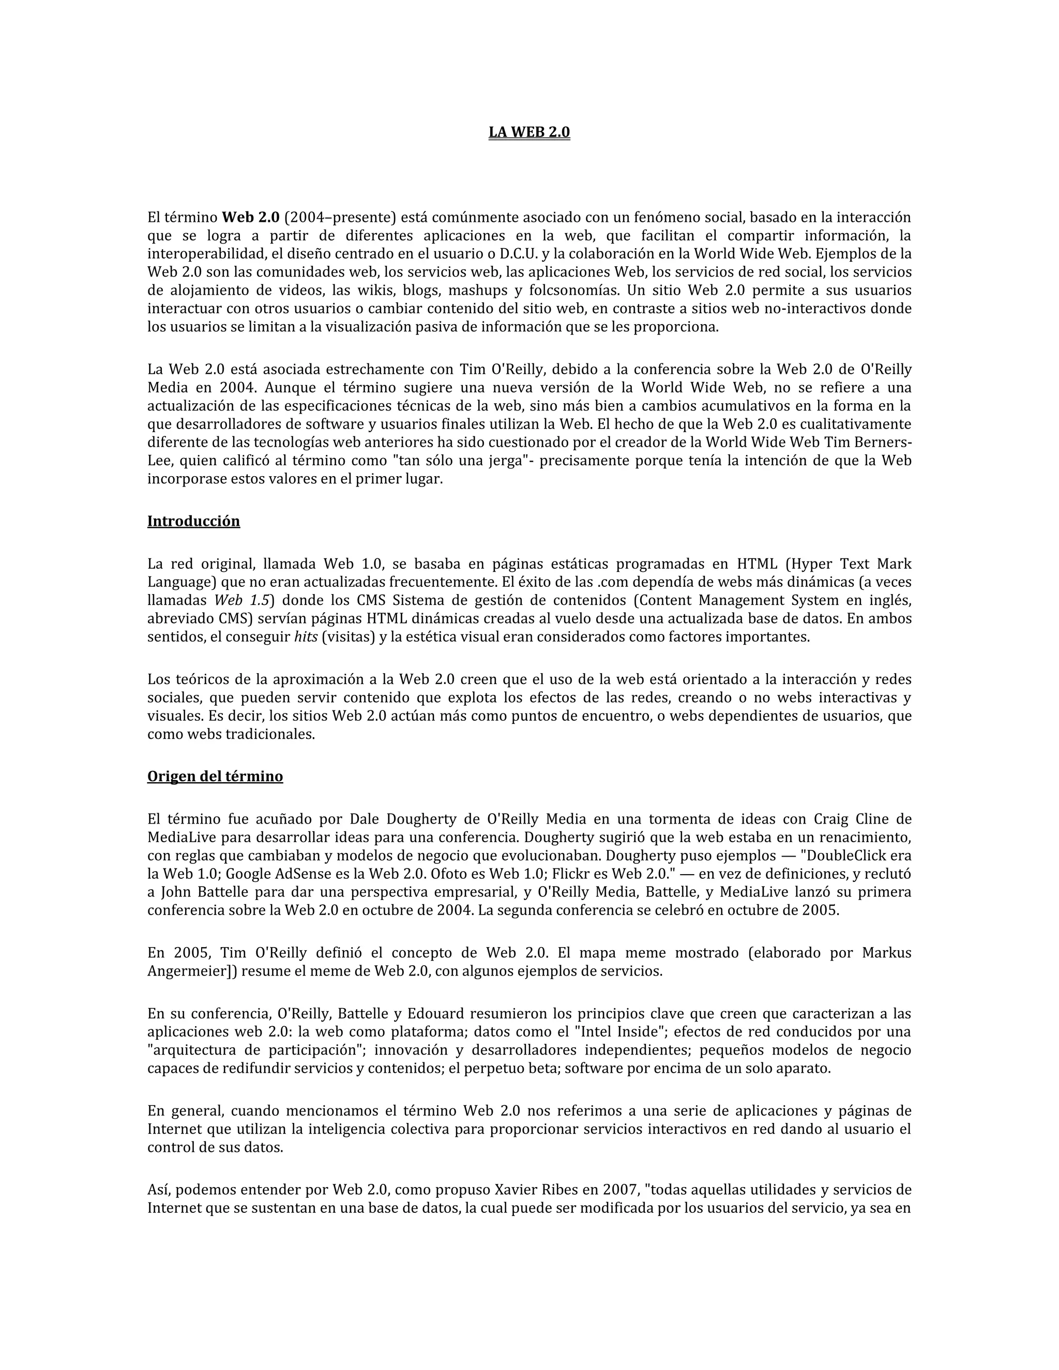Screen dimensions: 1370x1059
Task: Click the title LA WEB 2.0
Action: [x=529, y=132]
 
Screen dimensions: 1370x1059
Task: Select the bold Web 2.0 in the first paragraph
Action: [x=251, y=218]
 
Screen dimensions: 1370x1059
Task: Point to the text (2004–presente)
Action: [x=341, y=218]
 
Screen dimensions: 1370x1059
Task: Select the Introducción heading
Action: [x=193, y=521]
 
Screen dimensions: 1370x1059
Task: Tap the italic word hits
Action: [x=306, y=637]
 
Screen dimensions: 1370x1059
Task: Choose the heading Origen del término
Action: [x=215, y=777]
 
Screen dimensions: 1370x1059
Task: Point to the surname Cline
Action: [x=874, y=819]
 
